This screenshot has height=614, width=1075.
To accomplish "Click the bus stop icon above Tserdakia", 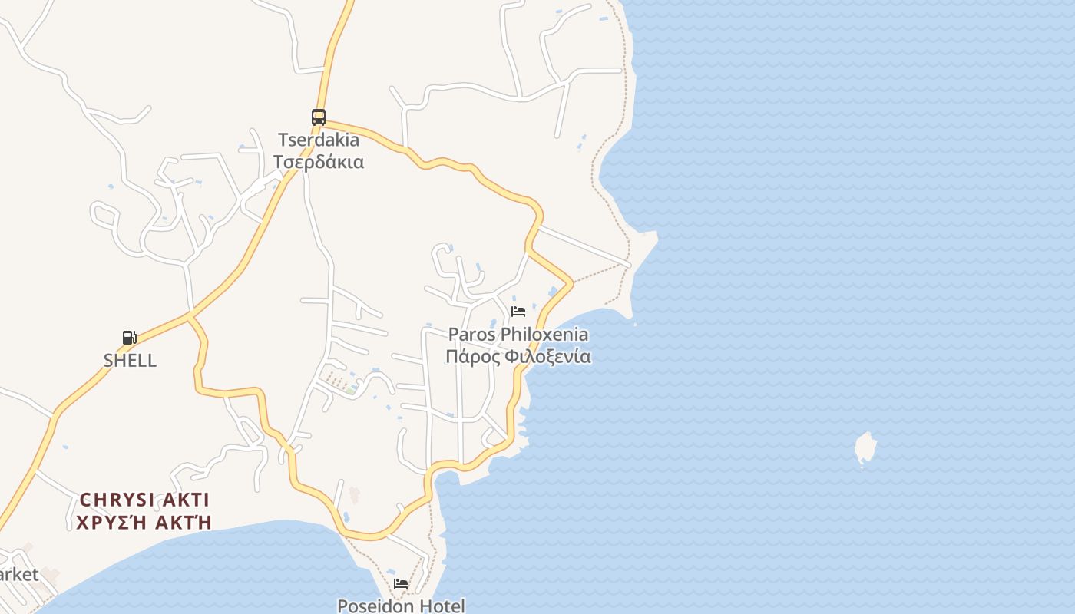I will pyautogui.click(x=318, y=117).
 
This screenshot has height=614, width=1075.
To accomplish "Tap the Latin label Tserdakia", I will pyautogui.click(x=319, y=140).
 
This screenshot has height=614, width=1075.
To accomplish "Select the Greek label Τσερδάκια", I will pyautogui.click(x=319, y=162).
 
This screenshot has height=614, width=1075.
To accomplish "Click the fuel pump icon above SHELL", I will pyautogui.click(x=130, y=338).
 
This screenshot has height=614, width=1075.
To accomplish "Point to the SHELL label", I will pyautogui.click(x=130, y=360).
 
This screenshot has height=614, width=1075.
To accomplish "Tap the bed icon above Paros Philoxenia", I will pyautogui.click(x=518, y=312).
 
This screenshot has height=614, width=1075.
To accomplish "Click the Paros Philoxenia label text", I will pyautogui.click(x=518, y=335).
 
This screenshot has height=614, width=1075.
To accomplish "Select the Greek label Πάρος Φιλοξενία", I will pyautogui.click(x=518, y=356).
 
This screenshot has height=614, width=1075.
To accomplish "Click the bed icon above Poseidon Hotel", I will pyautogui.click(x=401, y=584).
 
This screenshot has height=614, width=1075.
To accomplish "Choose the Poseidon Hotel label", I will pyautogui.click(x=401, y=606).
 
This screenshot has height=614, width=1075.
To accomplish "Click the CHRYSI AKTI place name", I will pyautogui.click(x=144, y=500).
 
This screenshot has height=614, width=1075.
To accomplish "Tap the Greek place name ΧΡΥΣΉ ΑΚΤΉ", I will pyautogui.click(x=144, y=523).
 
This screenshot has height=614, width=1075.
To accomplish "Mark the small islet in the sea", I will pyautogui.click(x=865, y=449).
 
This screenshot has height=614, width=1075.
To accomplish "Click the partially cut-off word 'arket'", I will pyautogui.click(x=18, y=574).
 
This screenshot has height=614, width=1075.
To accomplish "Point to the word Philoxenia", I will pyautogui.click(x=544, y=335).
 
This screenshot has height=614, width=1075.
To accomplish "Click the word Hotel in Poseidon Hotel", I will pyautogui.click(x=442, y=606).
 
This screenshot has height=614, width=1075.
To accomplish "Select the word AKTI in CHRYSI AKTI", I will pyautogui.click(x=184, y=500).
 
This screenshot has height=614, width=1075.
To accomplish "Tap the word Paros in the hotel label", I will pyautogui.click(x=471, y=335).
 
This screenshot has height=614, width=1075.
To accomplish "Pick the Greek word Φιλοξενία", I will pyautogui.click(x=550, y=356).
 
